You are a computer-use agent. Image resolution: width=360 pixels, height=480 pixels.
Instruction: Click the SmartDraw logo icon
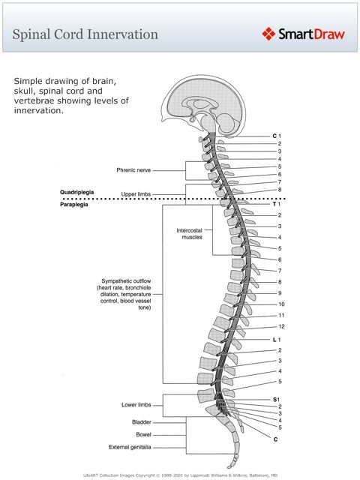tap(270, 34)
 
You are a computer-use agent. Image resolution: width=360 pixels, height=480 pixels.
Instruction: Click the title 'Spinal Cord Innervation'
tap(85, 34)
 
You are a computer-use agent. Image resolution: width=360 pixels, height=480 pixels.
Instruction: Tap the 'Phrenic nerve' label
tap(134, 170)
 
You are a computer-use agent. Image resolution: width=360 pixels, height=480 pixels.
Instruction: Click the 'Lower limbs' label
tap(137, 405)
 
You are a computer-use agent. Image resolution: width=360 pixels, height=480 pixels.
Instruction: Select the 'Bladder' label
tap(142, 422)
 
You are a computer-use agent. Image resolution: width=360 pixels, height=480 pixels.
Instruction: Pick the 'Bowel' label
tap(144, 434)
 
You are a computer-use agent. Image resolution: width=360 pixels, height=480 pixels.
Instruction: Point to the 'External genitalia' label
tap(130, 448)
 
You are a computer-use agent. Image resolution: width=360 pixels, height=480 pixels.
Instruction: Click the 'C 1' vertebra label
tap(276, 136)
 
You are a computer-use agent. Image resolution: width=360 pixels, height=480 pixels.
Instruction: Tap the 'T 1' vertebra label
tap(276, 204)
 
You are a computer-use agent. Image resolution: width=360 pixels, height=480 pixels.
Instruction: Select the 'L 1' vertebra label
tap(276, 339)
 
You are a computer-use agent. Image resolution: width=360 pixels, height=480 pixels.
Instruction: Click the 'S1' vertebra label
tap(276, 399)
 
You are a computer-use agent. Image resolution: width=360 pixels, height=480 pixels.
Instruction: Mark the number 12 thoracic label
tap(280, 326)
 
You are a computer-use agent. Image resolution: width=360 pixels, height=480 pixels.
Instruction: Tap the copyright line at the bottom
tap(179, 475)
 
